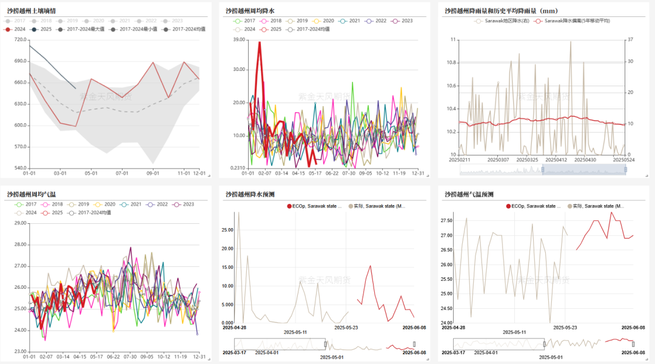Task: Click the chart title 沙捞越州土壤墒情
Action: [x=31, y=10]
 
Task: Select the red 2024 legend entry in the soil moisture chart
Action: [x=16, y=29]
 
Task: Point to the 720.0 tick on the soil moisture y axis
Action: [x=19, y=40]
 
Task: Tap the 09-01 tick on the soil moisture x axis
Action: [x=153, y=173]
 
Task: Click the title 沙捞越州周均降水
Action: [x=250, y=10]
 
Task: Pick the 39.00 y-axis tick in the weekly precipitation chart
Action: [x=238, y=40]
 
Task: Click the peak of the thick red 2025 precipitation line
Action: [x=260, y=42]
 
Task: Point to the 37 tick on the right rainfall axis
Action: [x=631, y=40]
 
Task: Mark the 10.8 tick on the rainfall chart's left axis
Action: [x=451, y=63]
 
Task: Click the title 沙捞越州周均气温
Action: [x=31, y=194]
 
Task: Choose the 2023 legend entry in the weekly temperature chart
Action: [x=184, y=204]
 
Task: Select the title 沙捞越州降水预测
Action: [x=250, y=194]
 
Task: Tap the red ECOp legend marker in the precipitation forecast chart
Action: [x=289, y=206]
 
